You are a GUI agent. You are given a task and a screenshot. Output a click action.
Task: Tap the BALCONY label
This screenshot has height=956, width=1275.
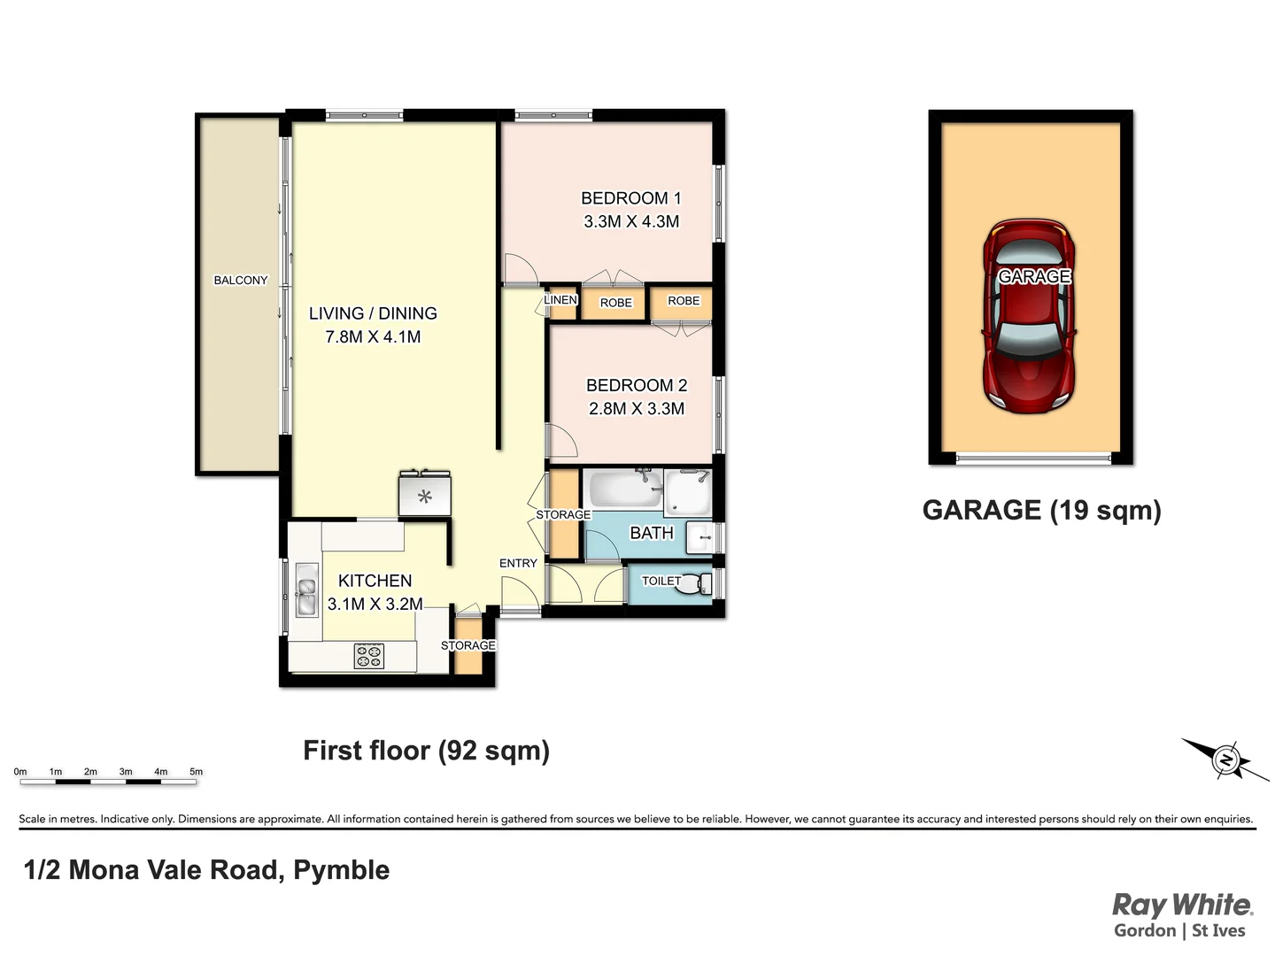click(240, 281)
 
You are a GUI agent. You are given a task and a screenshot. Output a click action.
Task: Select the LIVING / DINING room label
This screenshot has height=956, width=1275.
click(373, 313)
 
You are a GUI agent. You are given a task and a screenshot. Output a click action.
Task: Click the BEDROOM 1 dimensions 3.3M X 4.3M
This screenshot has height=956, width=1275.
click(631, 222)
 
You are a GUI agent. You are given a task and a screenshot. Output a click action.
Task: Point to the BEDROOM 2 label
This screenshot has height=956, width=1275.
click(637, 385)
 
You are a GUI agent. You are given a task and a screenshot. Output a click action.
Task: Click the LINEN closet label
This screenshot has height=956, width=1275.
click(560, 300)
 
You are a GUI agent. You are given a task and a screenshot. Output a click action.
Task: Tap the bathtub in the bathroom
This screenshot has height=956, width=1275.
click(623, 490)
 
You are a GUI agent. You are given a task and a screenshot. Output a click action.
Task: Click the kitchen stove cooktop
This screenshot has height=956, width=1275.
click(369, 656)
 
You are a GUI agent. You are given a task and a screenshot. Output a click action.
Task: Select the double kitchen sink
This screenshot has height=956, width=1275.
click(306, 590)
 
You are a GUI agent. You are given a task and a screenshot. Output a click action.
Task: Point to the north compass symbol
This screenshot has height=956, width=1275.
click(1225, 759)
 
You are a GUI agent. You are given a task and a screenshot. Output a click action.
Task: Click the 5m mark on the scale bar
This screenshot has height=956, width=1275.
click(197, 772)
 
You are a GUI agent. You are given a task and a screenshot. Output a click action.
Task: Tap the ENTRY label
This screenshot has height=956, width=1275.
click(518, 563)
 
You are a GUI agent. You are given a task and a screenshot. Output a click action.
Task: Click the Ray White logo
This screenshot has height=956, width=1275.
click(1181, 906)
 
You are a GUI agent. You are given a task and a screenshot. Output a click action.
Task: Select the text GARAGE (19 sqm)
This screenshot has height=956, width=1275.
click(1041, 511)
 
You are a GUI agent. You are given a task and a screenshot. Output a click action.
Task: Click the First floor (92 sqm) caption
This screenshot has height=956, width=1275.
click(426, 751)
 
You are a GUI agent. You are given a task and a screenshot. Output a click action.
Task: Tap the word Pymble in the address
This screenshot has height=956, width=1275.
click(341, 870)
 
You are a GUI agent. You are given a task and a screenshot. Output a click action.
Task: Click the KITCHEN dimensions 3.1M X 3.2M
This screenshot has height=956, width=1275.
click(375, 605)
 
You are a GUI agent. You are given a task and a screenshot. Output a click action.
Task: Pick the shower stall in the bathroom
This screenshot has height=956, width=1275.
click(688, 493)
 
